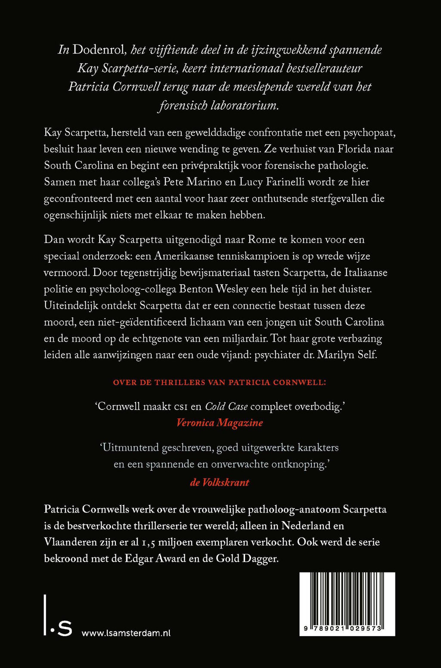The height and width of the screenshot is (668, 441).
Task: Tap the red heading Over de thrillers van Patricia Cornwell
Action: (220, 382)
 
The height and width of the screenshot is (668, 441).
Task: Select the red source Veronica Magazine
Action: (220, 423)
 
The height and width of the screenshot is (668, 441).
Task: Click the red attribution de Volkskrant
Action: (220, 482)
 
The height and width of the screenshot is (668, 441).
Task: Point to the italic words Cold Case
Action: (226, 407)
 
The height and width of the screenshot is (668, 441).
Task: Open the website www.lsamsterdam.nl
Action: (126, 633)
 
